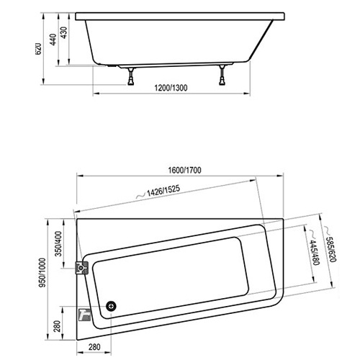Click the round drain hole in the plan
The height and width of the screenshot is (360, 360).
click(111, 305)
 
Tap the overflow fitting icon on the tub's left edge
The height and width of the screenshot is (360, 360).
click(82, 268)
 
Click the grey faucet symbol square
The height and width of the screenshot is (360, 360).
click(83, 314)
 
